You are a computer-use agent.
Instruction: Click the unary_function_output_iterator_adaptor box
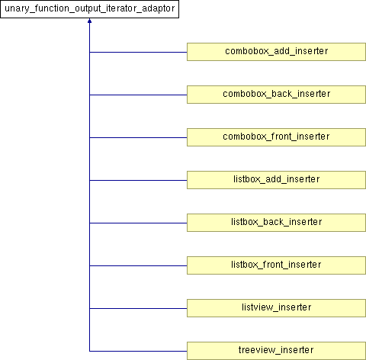(x=89, y=9)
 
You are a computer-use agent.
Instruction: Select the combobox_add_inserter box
(x=276, y=52)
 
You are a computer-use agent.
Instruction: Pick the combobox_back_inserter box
(x=276, y=95)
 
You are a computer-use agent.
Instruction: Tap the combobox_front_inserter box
(x=276, y=137)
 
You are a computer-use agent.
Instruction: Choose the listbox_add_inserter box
(x=276, y=180)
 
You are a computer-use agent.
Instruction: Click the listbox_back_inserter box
(x=276, y=223)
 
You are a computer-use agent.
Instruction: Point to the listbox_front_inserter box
(x=276, y=265)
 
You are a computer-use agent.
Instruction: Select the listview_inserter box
(x=276, y=308)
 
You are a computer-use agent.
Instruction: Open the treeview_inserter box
(x=276, y=351)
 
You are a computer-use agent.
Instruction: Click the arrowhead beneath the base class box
(x=89, y=21)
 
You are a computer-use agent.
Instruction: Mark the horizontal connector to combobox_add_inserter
(x=138, y=53)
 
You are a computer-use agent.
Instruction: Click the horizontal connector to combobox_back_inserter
(x=138, y=95)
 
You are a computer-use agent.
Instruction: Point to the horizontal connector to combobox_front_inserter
(x=138, y=138)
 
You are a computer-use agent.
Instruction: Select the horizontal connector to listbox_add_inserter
(x=138, y=181)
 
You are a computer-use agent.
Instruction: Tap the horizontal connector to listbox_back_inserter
(x=138, y=223)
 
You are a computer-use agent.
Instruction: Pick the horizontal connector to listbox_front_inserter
(x=138, y=266)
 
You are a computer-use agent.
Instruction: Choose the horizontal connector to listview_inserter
(x=138, y=309)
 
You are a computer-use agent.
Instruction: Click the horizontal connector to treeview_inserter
(x=138, y=352)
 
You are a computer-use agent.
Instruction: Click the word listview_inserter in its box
(x=276, y=307)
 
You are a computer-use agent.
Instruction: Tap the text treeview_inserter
(x=276, y=350)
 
